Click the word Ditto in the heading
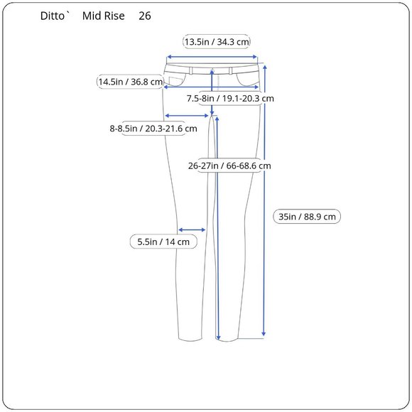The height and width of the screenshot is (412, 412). point(52,16)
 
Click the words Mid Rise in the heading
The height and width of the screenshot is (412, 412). point(103,16)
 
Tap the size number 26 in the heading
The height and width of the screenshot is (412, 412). point(145,16)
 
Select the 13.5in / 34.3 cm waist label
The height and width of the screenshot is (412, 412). point(216,42)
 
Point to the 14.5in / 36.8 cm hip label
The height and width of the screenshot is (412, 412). point(130,82)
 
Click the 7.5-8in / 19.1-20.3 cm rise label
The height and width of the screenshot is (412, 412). point(230,99)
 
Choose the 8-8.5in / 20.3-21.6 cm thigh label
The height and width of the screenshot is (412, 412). point(153,129)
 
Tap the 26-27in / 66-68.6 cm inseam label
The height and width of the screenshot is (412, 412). point(229,166)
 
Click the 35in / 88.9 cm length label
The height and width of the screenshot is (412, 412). point(307,217)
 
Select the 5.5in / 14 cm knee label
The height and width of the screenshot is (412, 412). point(163,242)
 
